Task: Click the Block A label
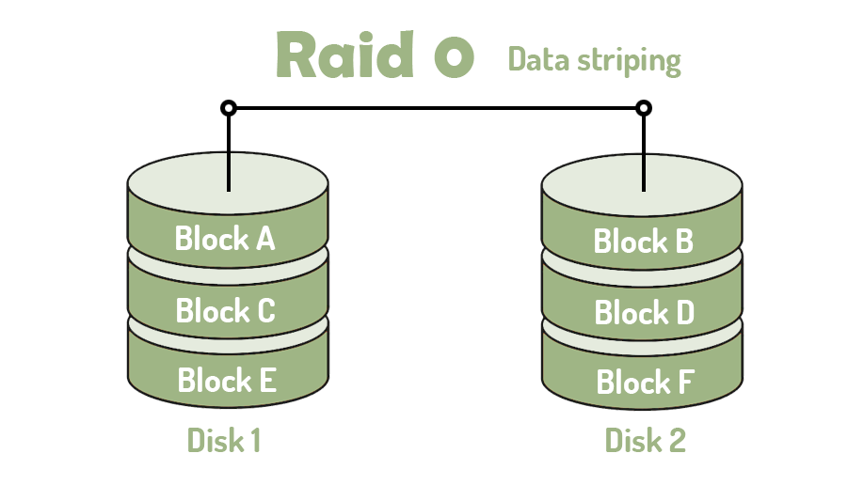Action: click(225, 239)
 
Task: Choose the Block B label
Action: click(644, 242)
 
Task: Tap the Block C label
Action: click(225, 310)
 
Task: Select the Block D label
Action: click(645, 312)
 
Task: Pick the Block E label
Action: click(226, 381)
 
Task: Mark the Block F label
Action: click(646, 383)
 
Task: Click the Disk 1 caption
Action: click(224, 440)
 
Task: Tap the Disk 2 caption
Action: click(645, 440)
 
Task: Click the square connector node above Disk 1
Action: click(229, 108)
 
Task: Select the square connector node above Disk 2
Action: click(644, 108)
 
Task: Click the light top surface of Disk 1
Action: click(188, 180)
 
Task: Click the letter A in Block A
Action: click(264, 240)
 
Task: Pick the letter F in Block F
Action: click(684, 383)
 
